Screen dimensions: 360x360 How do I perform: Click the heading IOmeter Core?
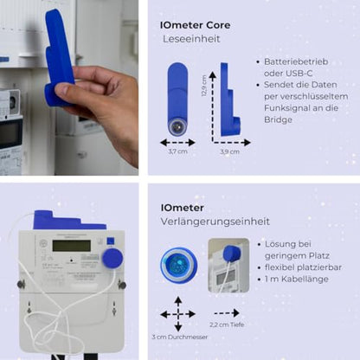point(195,25)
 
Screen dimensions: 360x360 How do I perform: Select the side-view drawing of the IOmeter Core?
point(229,100)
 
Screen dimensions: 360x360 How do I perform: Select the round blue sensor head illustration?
point(177,265)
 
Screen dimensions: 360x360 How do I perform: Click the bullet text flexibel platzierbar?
point(305,267)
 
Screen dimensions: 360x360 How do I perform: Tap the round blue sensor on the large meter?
point(112,257)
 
